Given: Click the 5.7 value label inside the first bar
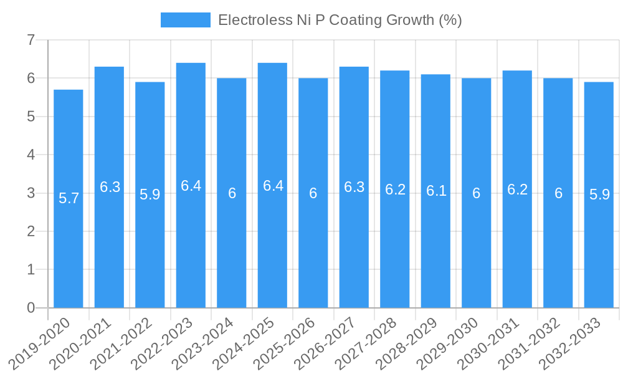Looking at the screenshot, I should click(x=69, y=198).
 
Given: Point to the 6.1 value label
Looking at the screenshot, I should click(x=436, y=191).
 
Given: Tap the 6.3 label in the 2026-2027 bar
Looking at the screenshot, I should click(x=354, y=187).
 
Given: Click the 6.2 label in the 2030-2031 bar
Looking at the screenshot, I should click(x=517, y=189).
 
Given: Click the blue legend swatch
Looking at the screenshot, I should click(x=185, y=20).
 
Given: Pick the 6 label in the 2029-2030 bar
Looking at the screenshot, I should click(x=476, y=193).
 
